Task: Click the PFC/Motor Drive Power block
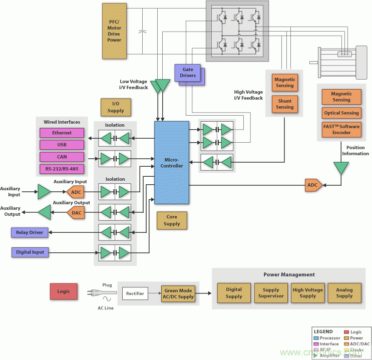pyautogui.click(x=114, y=30)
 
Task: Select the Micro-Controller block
pyautogui.click(x=172, y=162)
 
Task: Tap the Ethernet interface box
pyautogui.click(x=62, y=133)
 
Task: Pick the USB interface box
pyautogui.click(x=62, y=145)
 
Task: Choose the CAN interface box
pyautogui.click(x=62, y=157)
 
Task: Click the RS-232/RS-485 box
pyautogui.click(x=62, y=169)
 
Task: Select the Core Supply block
pyautogui.click(x=172, y=220)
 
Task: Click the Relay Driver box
pyautogui.click(x=30, y=232)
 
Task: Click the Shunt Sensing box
pyautogui.click(x=284, y=104)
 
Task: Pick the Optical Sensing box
pyautogui.click(x=341, y=113)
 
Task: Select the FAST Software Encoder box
pyautogui.click(x=341, y=130)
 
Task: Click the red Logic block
pyautogui.click(x=64, y=291)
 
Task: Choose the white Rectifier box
pyautogui.click(x=135, y=293)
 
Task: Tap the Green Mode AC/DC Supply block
pyautogui.click(x=178, y=293)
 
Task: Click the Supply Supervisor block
pyautogui.click(x=271, y=293)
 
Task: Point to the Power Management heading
pyautogui.click(x=289, y=274)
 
